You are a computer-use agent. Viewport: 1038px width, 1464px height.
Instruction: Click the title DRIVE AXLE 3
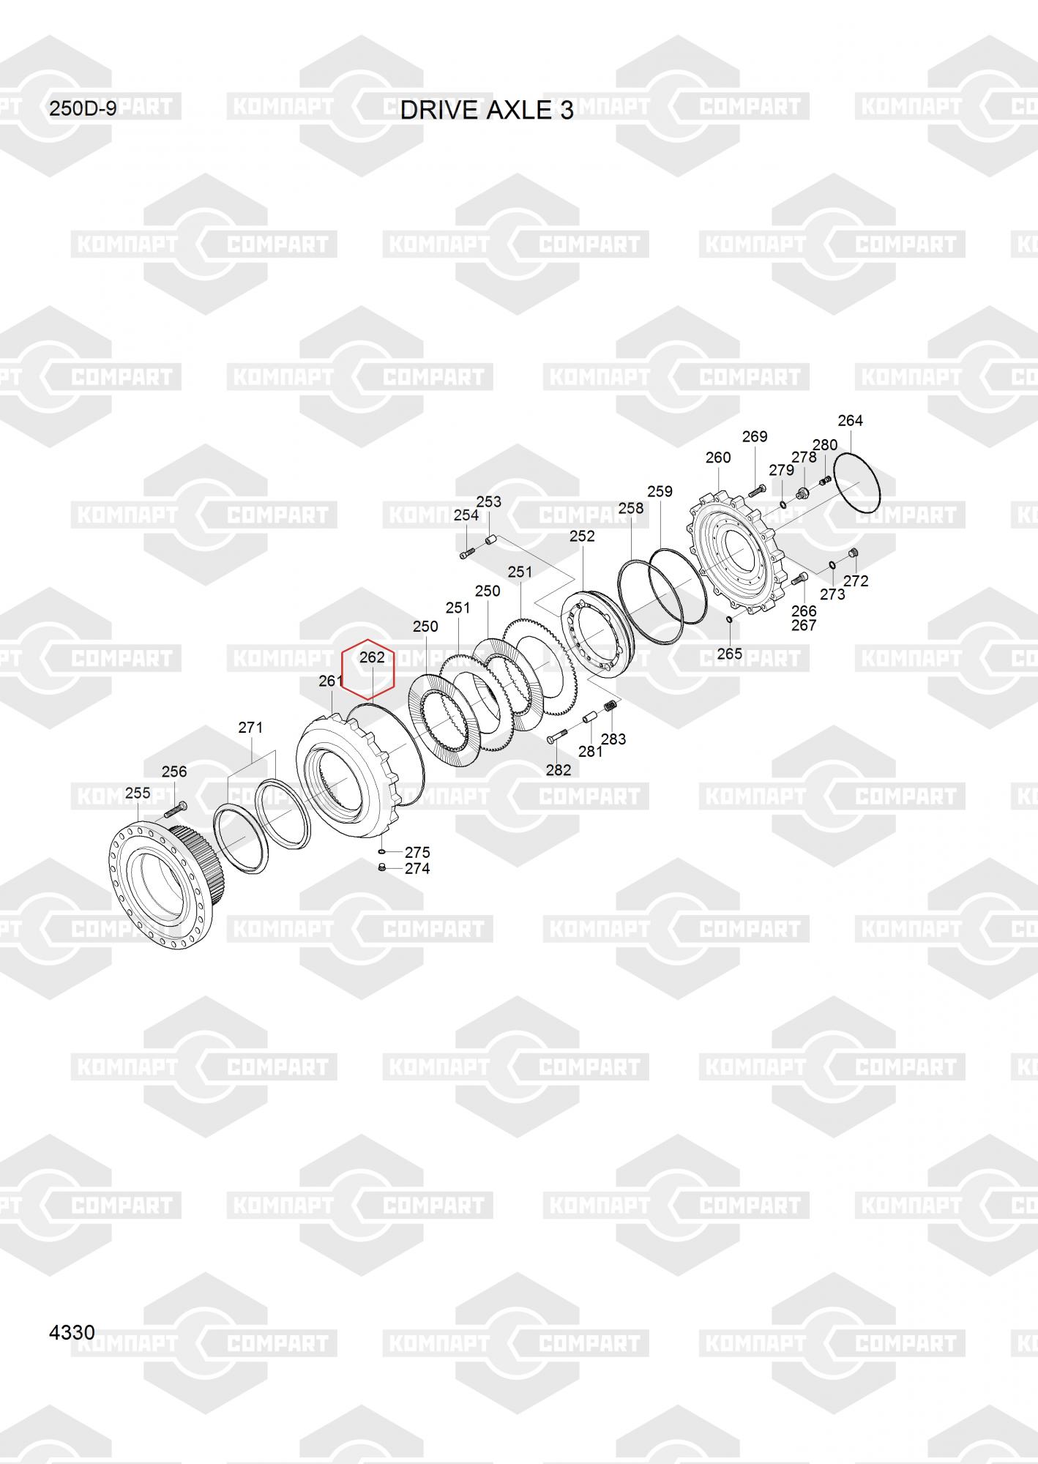[x=487, y=110]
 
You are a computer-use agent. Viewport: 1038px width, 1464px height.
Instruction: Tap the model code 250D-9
[x=83, y=109]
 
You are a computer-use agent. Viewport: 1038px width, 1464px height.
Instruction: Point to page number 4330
[x=72, y=1332]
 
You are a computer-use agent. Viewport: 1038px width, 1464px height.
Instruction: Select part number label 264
[x=850, y=420]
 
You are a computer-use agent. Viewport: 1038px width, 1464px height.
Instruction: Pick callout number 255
[x=138, y=793]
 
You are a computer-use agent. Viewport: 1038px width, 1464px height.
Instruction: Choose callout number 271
[x=250, y=727]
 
